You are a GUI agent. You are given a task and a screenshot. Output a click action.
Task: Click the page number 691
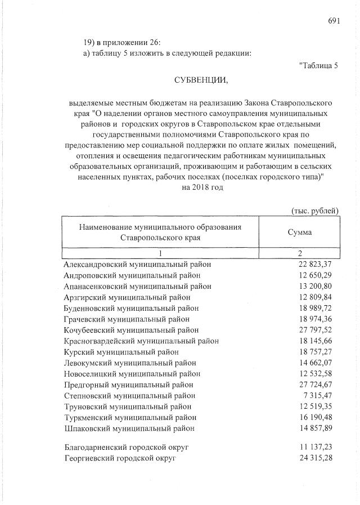(334, 21)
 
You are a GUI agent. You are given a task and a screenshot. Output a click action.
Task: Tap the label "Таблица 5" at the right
(319, 65)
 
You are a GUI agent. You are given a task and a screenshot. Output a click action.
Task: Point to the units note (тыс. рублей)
(315, 211)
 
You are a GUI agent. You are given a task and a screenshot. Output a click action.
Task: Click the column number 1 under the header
(160, 253)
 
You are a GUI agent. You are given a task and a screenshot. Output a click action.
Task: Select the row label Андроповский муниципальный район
(132, 275)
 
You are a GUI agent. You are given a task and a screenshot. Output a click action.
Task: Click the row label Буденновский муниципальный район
(131, 307)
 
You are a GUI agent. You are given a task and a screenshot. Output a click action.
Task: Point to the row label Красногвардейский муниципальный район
(141, 341)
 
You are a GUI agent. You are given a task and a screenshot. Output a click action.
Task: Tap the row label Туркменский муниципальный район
(130, 417)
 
